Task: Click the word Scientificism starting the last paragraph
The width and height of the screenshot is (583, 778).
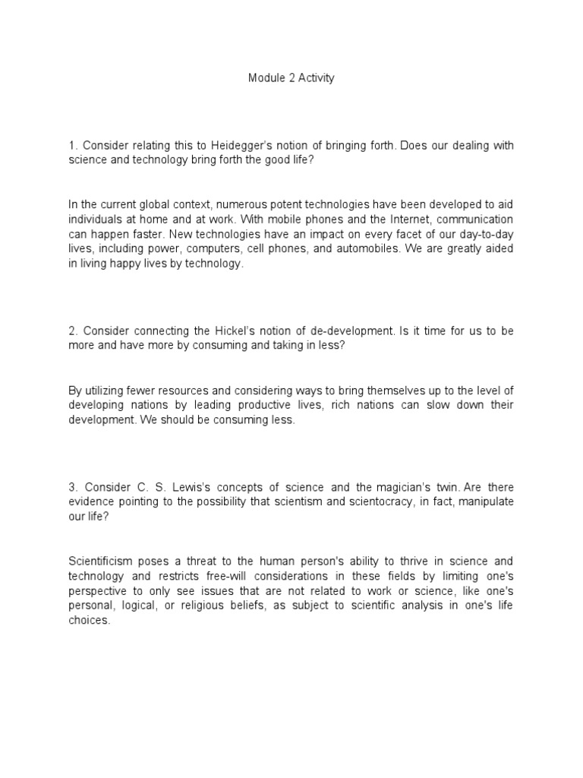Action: click(102, 560)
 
